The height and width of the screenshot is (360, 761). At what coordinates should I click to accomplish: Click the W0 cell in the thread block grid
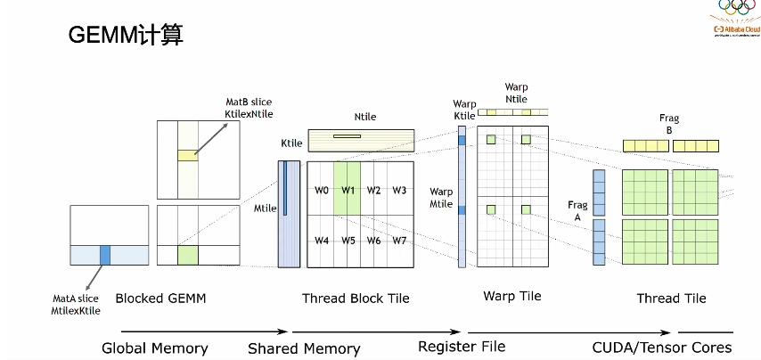pyautogui.click(x=322, y=190)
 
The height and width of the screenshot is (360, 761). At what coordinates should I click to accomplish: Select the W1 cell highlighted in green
pyautogui.click(x=348, y=190)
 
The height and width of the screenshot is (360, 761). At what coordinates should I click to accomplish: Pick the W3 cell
pyautogui.click(x=399, y=190)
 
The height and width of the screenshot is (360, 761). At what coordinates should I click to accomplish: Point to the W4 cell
pyautogui.click(x=322, y=241)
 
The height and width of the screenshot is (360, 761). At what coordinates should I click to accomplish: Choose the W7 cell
pyautogui.click(x=399, y=241)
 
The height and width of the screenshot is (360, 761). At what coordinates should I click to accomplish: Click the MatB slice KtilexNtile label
pyautogui.click(x=249, y=109)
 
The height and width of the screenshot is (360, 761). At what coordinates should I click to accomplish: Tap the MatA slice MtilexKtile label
pyautogui.click(x=76, y=305)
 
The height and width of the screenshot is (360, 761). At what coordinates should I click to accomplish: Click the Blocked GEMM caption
pyautogui.click(x=160, y=299)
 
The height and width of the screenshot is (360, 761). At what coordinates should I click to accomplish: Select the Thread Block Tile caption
pyautogui.click(x=356, y=299)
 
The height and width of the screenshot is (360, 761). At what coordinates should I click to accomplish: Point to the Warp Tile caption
pyautogui.click(x=511, y=296)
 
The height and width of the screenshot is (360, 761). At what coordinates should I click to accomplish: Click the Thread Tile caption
pyautogui.click(x=671, y=299)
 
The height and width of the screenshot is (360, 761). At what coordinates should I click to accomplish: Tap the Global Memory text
pyautogui.click(x=154, y=348)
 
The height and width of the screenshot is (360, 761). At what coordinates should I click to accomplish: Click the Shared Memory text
pyautogui.click(x=304, y=348)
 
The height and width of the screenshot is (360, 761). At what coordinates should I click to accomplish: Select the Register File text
pyautogui.click(x=462, y=346)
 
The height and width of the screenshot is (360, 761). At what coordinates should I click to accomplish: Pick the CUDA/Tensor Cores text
pyautogui.click(x=661, y=347)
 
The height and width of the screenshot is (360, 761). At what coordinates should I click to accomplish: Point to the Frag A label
pyautogui.click(x=577, y=211)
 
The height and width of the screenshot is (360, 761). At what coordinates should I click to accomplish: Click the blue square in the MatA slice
pyautogui.click(x=105, y=255)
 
